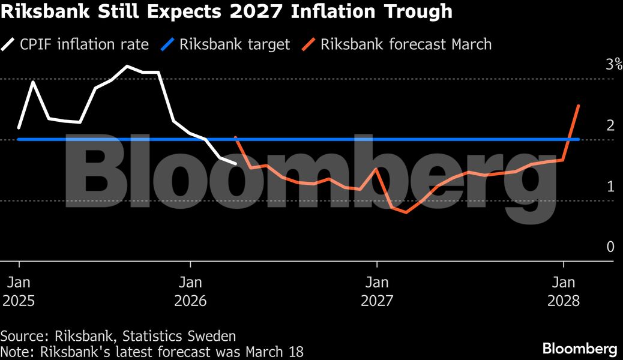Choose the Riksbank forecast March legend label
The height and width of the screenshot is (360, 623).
[x=406, y=44]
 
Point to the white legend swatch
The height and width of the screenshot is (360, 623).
[x=10, y=44]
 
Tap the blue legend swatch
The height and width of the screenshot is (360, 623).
[x=169, y=44]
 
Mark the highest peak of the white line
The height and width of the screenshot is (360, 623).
[x=127, y=66]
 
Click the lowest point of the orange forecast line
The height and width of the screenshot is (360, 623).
[x=406, y=212]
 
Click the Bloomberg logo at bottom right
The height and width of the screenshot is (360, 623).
[x=579, y=348]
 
